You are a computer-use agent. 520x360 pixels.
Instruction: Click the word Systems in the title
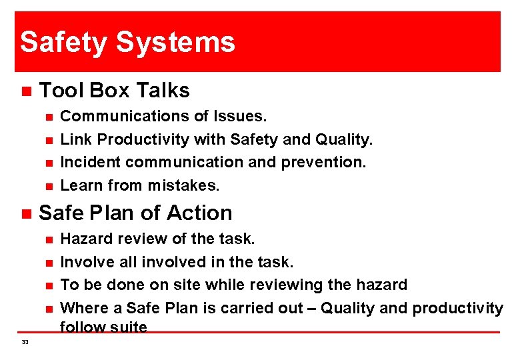point(175,42)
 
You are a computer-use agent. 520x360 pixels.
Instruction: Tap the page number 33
point(25,342)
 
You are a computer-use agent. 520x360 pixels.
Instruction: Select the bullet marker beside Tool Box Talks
point(25,91)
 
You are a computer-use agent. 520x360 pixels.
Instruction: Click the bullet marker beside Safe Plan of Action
point(25,214)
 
